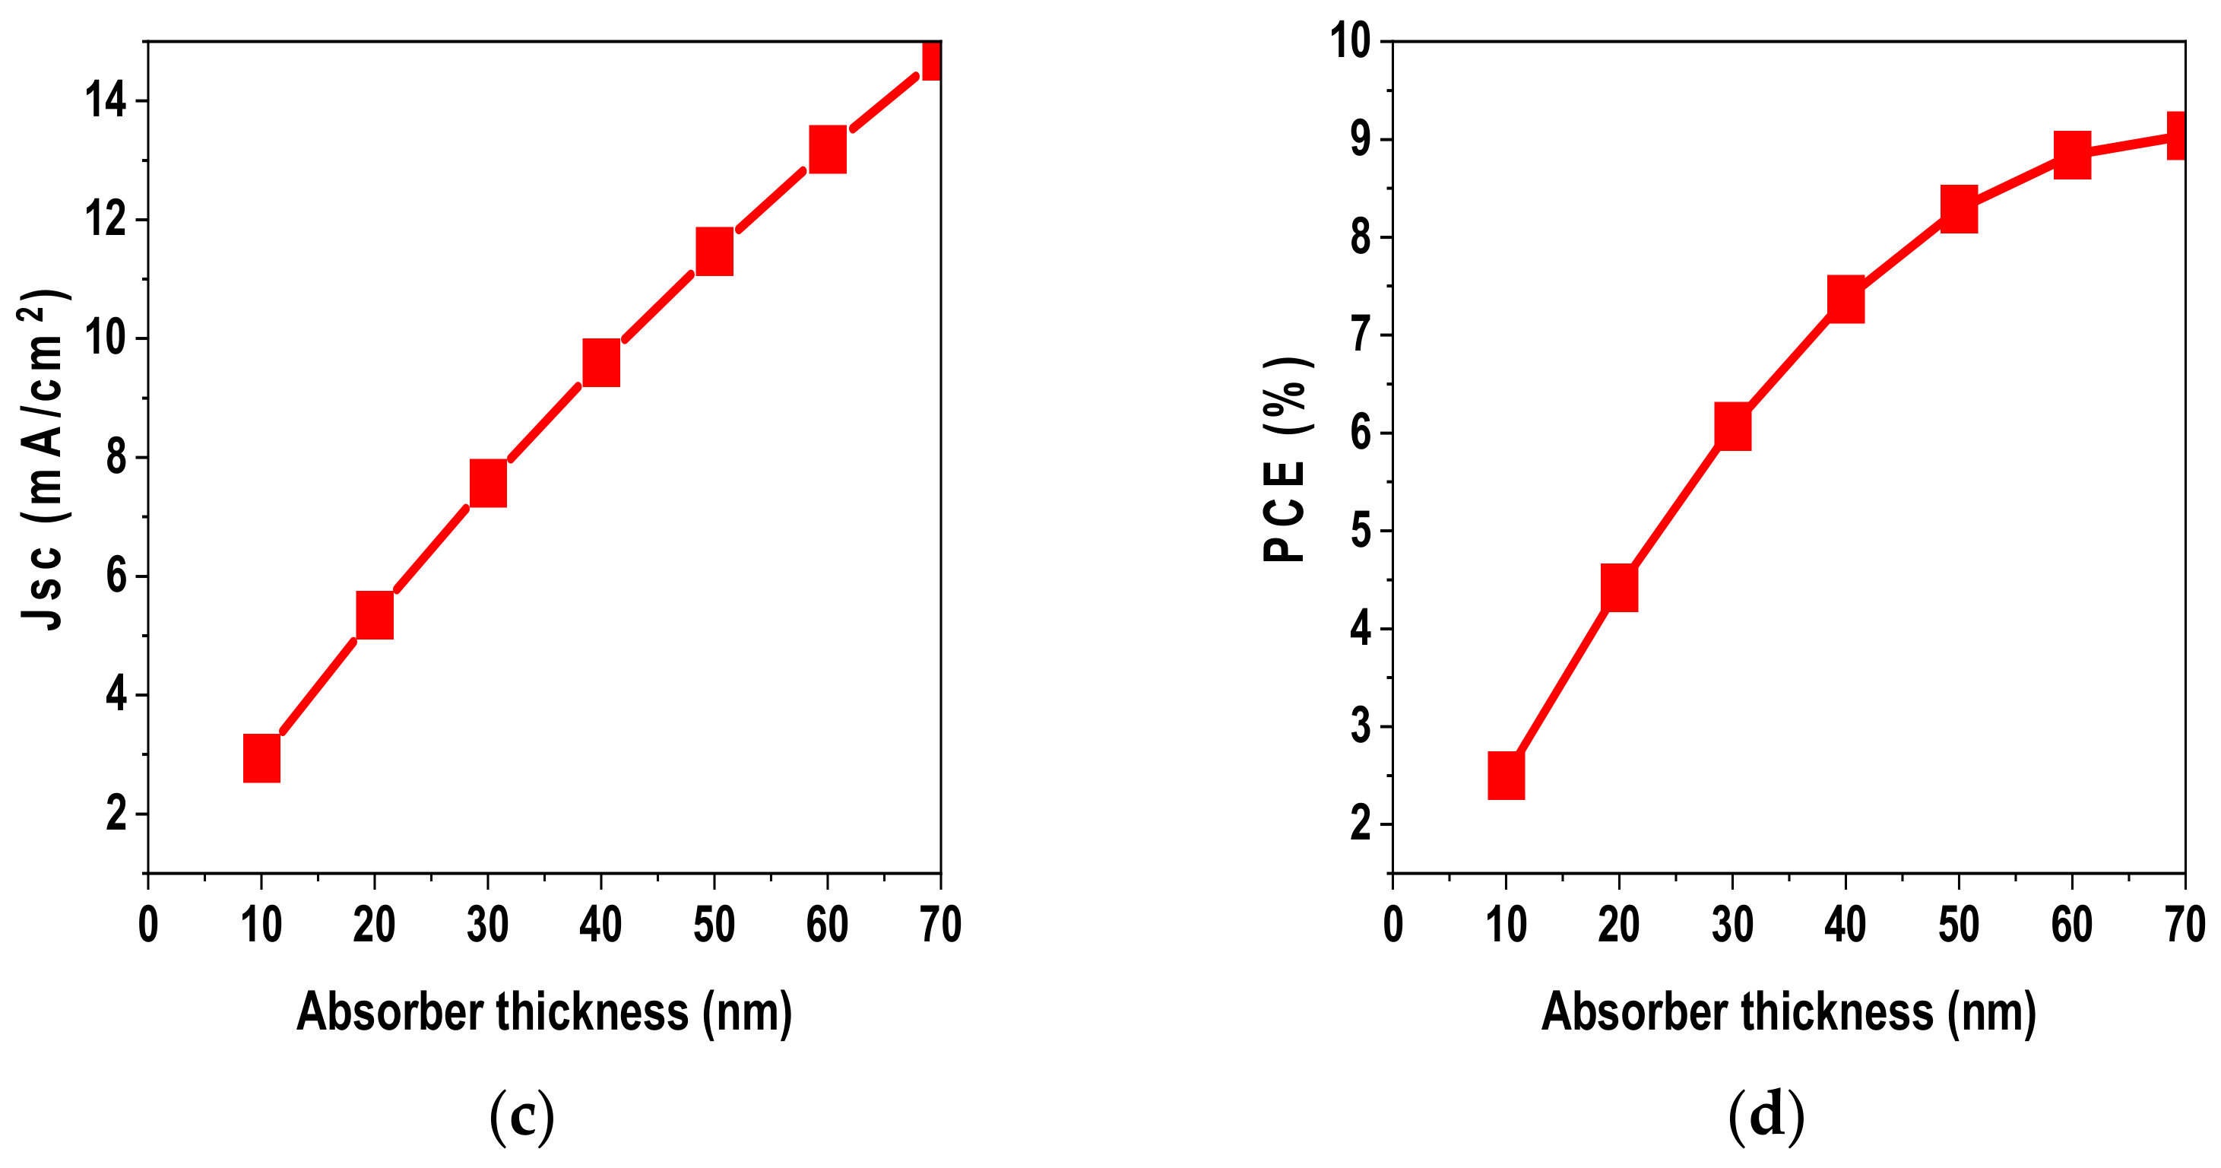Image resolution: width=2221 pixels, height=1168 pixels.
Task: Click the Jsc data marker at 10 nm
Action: [x=261, y=758]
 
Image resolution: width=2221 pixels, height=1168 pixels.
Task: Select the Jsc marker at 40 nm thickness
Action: [x=601, y=362]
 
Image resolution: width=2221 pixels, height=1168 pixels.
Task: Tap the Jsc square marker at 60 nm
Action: [x=827, y=149]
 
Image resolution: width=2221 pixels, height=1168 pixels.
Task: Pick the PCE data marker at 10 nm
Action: [x=1507, y=775]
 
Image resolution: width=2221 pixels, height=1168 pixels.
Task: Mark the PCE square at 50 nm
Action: [x=1959, y=209]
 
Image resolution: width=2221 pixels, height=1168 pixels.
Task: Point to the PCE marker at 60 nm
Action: [x=2072, y=155]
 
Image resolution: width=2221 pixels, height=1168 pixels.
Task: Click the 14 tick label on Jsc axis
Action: [x=105, y=101]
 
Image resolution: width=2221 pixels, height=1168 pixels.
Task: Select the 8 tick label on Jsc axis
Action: [x=116, y=457]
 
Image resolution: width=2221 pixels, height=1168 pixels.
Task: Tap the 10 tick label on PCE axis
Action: [x=1350, y=40]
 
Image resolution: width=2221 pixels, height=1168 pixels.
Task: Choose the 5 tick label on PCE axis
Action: [x=1361, y=531]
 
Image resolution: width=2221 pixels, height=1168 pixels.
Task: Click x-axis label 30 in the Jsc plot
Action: [x=487, y=925]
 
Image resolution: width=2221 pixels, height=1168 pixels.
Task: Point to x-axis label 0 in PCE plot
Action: [x=1393, y=925]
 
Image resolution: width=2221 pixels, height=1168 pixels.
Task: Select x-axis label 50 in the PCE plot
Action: [x=1959, y=925]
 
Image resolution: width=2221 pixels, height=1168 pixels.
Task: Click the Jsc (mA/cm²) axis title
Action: [x=43, y=459]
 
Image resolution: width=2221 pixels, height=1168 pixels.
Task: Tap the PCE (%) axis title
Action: [x=1286, y=459]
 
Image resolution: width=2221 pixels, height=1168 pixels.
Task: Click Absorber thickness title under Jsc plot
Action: [x=544, y=1012]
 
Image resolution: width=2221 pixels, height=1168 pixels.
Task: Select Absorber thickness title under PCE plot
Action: [x=1789, y=1012]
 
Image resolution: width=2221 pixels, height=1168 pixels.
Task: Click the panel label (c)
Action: [x=521, y=1116]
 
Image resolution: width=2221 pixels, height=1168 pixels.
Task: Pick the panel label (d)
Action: [x=1766, y=1116]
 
